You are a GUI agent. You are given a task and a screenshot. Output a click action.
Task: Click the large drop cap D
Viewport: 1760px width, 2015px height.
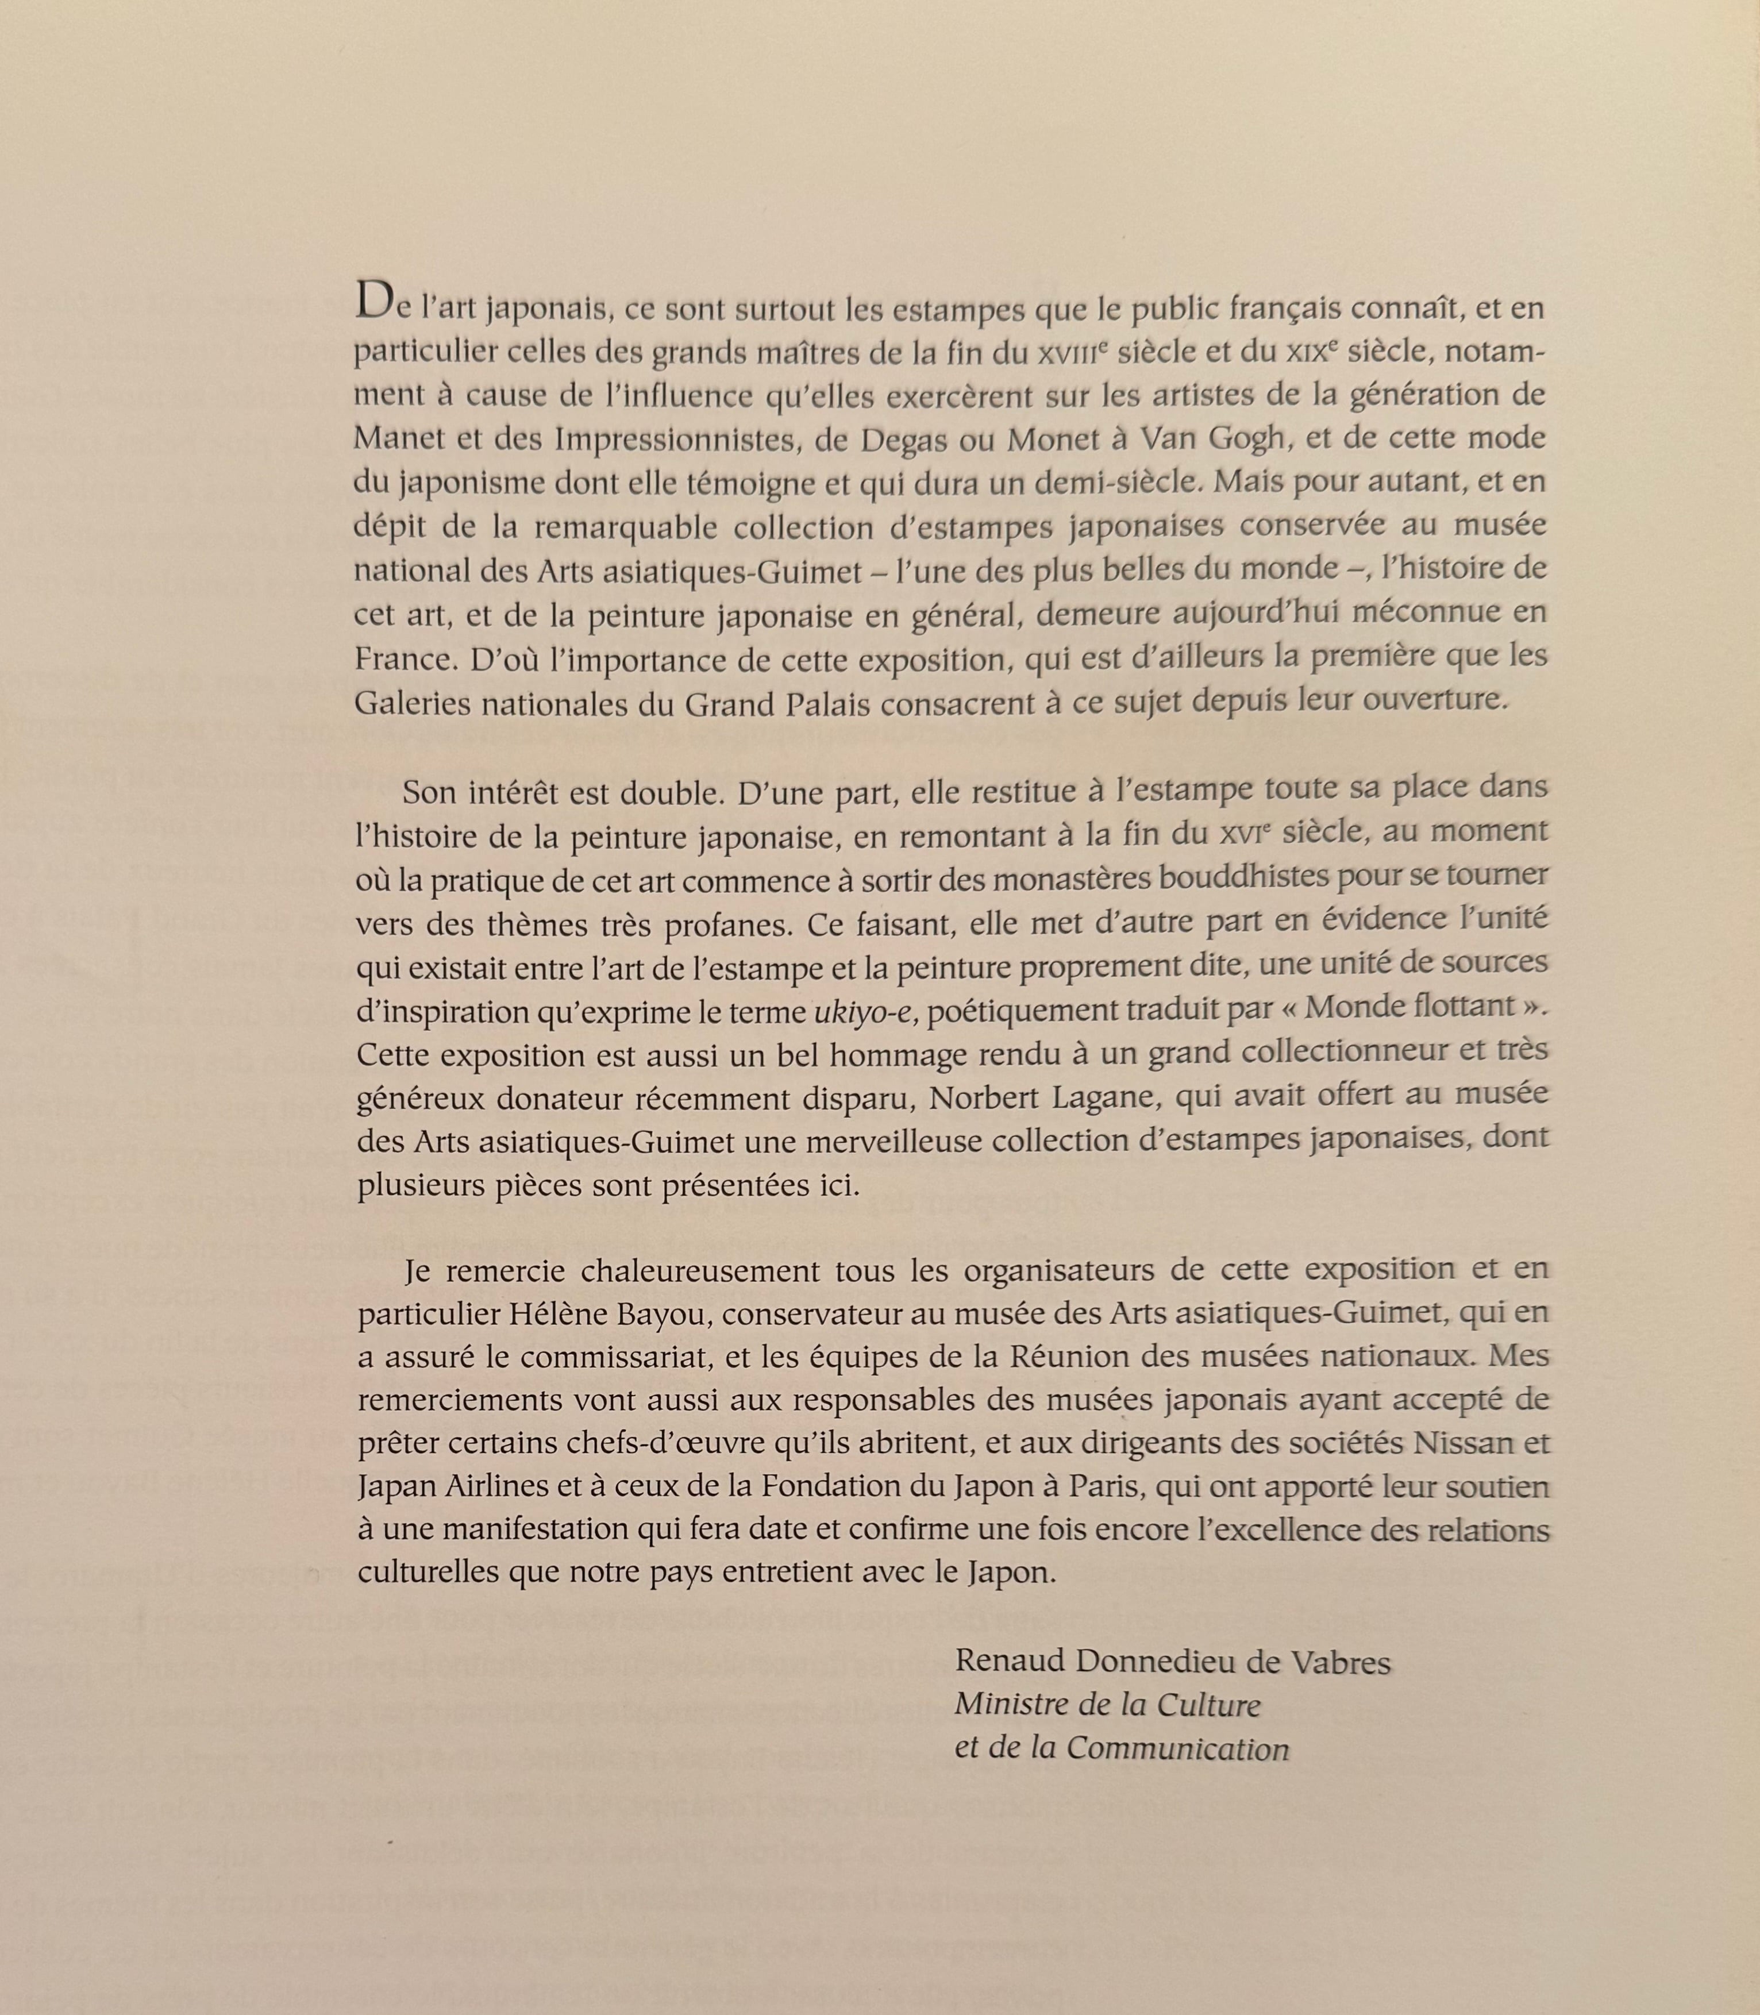click(x=374, y=300)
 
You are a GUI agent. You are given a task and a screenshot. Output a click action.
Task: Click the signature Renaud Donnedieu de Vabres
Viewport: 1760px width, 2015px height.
click(x=1173, y=1662)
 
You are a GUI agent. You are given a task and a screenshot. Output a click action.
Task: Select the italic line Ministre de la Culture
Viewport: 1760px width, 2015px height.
click(x=1107, y=1705)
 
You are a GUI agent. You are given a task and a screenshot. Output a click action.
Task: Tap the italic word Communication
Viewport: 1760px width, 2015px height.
click(x=1177, y=1749)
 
